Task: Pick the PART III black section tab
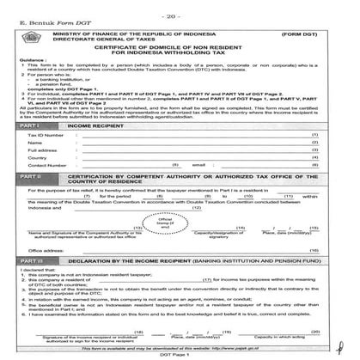pyautogui.click(x=30, y=259)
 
